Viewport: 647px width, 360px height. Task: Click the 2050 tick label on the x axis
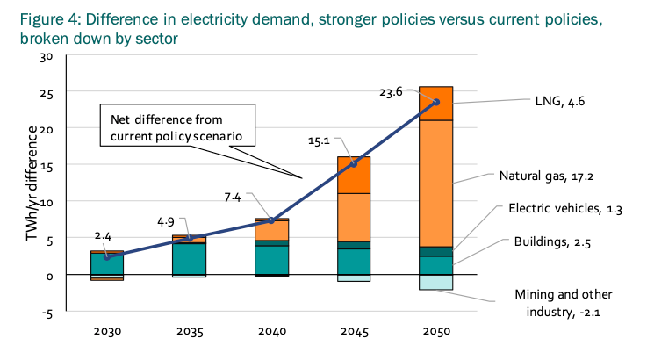pos(436,333)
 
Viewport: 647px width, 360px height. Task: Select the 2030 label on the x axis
pos(107,333)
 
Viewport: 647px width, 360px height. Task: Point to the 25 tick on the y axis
pos(48,93)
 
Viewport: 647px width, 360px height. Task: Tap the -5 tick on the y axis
pos(48,312)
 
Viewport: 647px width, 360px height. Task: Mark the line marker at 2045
pos(355,163)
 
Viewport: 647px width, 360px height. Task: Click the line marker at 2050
pos(436,103)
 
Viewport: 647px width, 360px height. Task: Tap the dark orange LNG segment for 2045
pos(355,175)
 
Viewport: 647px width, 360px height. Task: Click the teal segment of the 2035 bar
pos(190,259)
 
